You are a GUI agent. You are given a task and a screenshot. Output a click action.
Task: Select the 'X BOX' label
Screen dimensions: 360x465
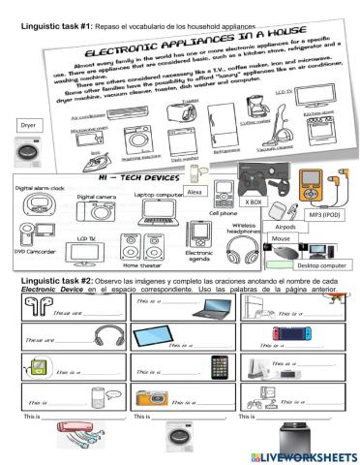255,202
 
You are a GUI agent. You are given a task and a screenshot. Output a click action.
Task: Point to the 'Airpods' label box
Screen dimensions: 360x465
285,227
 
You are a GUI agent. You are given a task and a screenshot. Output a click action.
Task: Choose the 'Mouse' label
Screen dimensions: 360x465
283,238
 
